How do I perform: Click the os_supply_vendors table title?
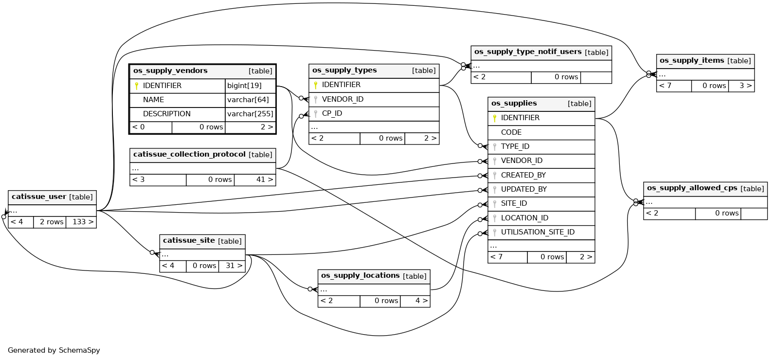[170, 71]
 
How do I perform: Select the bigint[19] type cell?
[244, 86]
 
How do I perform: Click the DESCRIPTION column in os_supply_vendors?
[167, 114]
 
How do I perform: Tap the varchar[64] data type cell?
[248, 100]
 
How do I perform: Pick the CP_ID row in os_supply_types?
[332, 113]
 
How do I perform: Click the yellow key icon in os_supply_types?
[316, 85]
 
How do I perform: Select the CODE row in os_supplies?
[511, 132]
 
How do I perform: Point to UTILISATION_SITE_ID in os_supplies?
[538, 232]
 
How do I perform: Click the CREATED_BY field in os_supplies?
[523, 175]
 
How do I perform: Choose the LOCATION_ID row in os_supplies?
[524, 218]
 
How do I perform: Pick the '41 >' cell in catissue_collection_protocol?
[255, 180]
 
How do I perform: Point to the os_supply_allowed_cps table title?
[692, 188]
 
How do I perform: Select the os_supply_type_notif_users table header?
[528, 52]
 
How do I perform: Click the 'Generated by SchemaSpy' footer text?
[54, 350]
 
